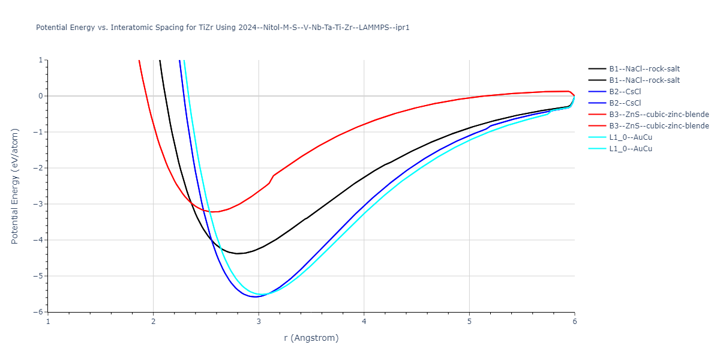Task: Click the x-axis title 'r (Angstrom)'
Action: click(311, 338)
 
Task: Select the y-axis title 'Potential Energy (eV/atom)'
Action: click(16, 186)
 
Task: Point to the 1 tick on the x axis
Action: click(48, 322)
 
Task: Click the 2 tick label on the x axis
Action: click(154, 322)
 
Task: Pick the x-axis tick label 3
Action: click(259, 322)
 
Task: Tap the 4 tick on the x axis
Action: click(364, 322)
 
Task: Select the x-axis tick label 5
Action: click(469, 322)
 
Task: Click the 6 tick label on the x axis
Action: click(574, 322)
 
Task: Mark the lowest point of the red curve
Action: click(213, 212)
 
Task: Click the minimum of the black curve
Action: click(238, 254)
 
